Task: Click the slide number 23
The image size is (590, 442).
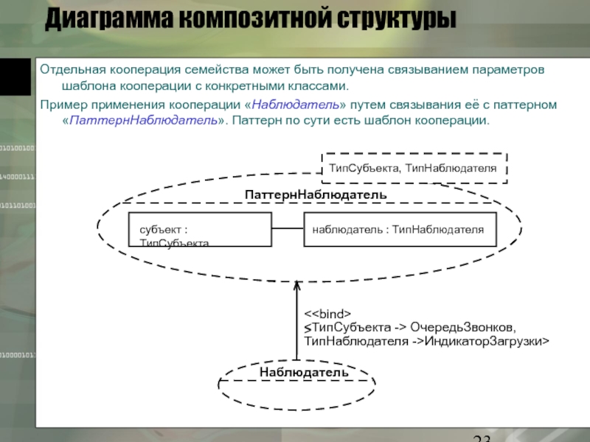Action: click(483, 436)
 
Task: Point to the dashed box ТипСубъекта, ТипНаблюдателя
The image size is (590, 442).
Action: click(413, 168)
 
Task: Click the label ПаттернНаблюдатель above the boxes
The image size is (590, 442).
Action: click(315, 193)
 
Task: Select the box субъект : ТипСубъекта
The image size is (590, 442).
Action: click(200, 230)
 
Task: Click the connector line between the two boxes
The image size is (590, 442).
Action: click(288, 230)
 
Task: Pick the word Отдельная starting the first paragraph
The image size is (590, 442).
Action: click(73, 70)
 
